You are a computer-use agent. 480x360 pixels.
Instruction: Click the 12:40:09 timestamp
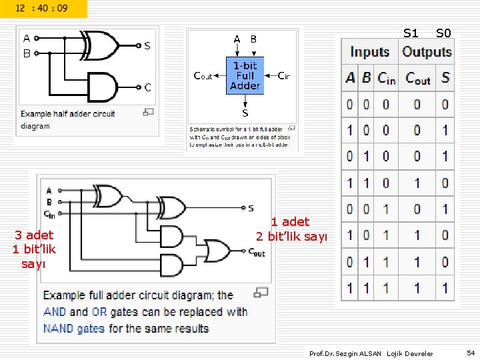[x=41, y=9]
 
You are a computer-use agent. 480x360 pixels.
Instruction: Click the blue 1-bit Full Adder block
[x=245, y=75]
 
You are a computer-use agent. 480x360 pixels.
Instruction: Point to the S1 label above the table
[x=411, y=33]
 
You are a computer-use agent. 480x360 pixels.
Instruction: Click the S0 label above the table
[x=443, y=33]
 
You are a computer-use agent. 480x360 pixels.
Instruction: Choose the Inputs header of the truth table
[x=370, y=52]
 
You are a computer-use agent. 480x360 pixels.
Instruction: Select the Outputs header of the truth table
[x=427, y=52]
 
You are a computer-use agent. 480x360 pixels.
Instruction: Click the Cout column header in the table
[x=418, y=79]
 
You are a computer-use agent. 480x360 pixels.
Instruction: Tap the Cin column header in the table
[x=387, y=79]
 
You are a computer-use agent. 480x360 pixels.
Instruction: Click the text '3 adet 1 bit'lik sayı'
[x=34, y=249]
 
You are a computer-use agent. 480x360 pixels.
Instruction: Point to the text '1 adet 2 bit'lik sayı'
[x=291, y=229]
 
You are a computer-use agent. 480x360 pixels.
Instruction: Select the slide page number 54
[x=470, y=353]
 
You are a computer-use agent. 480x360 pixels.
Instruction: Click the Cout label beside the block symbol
[x=203, y=76]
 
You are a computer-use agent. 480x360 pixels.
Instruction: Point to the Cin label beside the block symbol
[x=283, y=76]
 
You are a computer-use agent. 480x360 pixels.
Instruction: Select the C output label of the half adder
[x=147, y=87]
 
